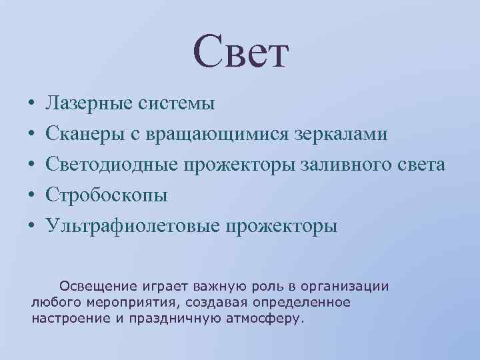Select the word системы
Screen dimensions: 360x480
176,103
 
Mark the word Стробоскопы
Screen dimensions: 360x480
107,195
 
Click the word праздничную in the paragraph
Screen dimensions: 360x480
170,318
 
